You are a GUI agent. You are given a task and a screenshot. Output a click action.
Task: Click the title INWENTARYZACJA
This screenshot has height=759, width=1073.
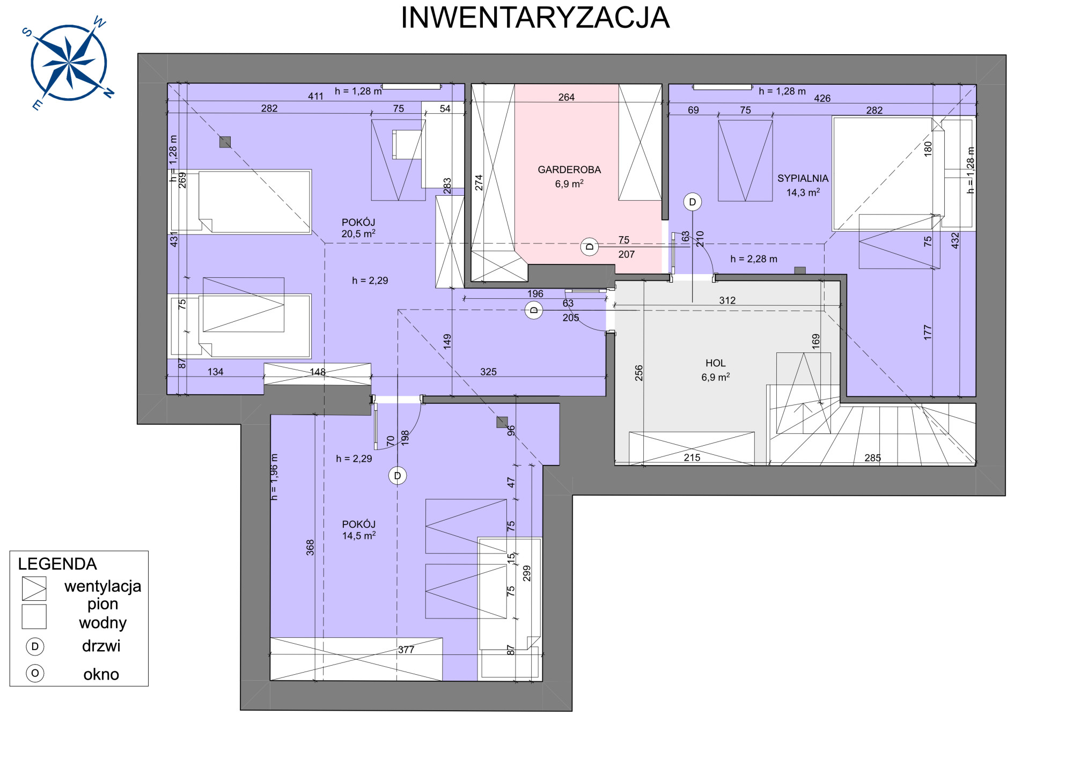pyautogui.click(x=535, y=18)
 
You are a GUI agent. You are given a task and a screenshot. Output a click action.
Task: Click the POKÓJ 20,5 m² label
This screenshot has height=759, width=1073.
pyautogui.click(x=358, y=228)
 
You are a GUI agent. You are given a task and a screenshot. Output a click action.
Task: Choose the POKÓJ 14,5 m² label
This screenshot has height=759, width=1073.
pyautogui.click(x=359, y=530)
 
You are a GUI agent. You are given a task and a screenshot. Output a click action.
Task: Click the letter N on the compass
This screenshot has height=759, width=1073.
pyautogui.click(x=109, y=93)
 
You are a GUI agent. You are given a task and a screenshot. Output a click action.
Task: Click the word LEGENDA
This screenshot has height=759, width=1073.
pyautogui.click(x=57, y=564)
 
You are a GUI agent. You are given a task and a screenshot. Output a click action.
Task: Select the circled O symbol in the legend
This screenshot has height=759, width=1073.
pyautogui.click(x=35, y=673)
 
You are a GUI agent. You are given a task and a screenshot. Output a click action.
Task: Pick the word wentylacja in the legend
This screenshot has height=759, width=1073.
pyautogui.click(x=103, y=586)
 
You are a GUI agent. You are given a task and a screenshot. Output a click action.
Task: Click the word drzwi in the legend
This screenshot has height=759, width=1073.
pyautogui.click(x=101, y=646)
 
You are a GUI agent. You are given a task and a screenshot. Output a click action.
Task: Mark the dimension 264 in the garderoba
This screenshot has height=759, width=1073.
pyautogui.click(x=567, y=97)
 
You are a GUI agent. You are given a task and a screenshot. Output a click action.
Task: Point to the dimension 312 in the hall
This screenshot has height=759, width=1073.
pyautogui.click(x=727, y=300)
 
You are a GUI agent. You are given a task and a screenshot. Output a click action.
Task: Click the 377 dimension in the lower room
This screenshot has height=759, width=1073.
pyautogui.click(x=406, y=650)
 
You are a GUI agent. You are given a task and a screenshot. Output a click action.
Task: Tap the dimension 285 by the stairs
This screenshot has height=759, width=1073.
pyautogui.click(x=873, y=458)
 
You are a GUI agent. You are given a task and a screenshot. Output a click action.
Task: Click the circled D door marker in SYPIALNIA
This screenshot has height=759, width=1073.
pyautogui.click(x=693, y=202)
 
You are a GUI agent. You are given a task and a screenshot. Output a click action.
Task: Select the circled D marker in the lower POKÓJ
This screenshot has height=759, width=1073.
pyautogui.click(x=398, y=476)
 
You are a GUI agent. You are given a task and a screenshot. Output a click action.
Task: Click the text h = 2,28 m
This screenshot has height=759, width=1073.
pyautogui.click(x=754, y=259)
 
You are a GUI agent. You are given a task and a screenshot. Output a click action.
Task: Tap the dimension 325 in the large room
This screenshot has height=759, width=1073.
pyautogui.click(x=488, y=372)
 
